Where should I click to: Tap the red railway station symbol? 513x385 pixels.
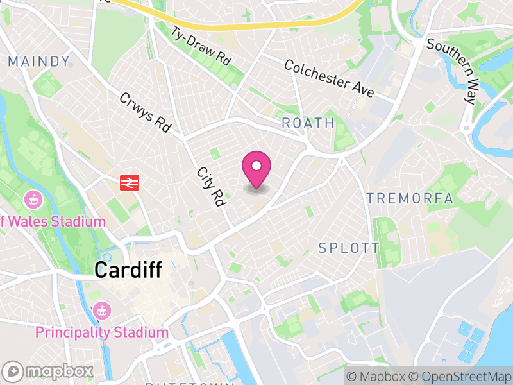click(x=130, y=182)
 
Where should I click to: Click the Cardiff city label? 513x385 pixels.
click(x=128, y=269)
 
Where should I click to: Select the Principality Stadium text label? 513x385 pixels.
click(x=101, y=332)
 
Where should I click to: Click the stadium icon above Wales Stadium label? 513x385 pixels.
click(x=31, y=200)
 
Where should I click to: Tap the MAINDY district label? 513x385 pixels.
click(x=38, y=62)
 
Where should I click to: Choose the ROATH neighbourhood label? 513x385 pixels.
click(x=308, y=123)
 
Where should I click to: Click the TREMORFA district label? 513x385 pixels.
click(x=410, y=199)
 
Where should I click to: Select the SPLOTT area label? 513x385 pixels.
click(x=349, y=248)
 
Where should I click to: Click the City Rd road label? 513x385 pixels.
click(x=212, y=187)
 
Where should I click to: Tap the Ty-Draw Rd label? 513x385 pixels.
click(x=200, y=45)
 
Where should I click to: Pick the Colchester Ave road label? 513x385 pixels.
click(x=329, y=79)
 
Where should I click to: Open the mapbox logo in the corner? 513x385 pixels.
click(x=48, y=371)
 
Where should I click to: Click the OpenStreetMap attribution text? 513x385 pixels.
click(x=459, y=376)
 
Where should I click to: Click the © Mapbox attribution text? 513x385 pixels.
click(x=376, y=376)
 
